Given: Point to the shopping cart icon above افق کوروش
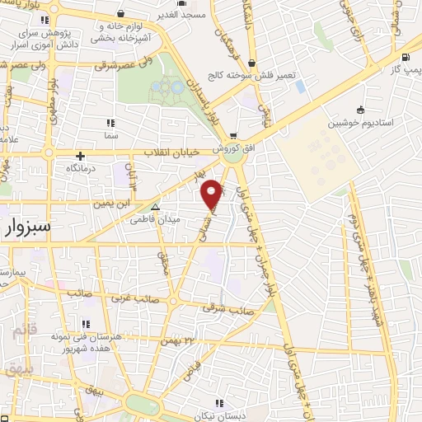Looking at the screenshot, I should coord(234,137).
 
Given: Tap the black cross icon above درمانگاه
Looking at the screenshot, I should coord(81,156).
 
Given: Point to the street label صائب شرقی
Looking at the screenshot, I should coord(232,309).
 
